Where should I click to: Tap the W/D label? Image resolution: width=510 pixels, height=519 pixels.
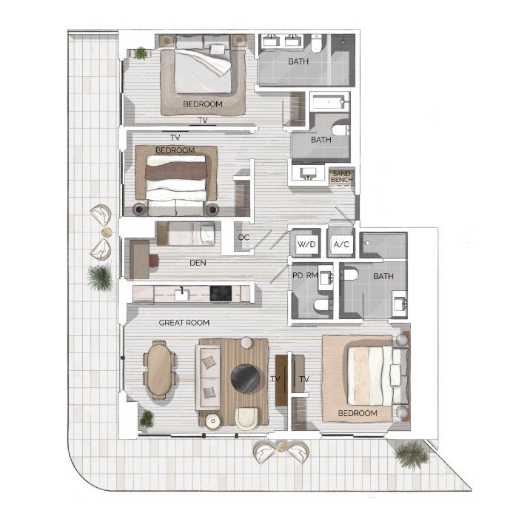pyautogui.click(x=305, y=244)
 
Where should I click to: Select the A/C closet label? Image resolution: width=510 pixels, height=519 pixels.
pyautogui.click(x=341, y=244)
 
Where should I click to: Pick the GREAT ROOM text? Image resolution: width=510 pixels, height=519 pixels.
pyautogui.click(x=184, y=323)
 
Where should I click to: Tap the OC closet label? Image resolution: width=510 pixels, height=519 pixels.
pyautogui.click(x=244, y=238)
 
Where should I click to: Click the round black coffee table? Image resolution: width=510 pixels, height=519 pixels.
pyautogui.click(x=244, y=379)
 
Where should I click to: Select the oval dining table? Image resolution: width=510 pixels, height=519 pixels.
pyautogui.click(x=158, y=369)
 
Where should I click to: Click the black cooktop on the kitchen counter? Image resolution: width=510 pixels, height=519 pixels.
pyautogui.click(x=221, y=293)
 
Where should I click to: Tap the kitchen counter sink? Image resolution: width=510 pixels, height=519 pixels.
pyautogui.click(x=181, y=294)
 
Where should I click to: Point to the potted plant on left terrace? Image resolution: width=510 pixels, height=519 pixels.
pyautogui.click(x=99, y=278)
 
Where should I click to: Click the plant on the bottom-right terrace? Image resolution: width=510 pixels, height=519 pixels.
pyautogui.click(x=411, y=454)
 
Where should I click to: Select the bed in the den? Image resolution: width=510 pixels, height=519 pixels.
pyautogui.click(x=190, y=235)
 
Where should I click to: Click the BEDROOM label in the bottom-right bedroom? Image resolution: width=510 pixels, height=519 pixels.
pyautogui.click(x=358, y=412)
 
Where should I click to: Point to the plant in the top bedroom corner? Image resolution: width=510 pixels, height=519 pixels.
pyautogui.click(x=140, y=53)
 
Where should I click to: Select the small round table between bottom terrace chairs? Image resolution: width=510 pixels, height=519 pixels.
pyautogui.click(x=281, y=446)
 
